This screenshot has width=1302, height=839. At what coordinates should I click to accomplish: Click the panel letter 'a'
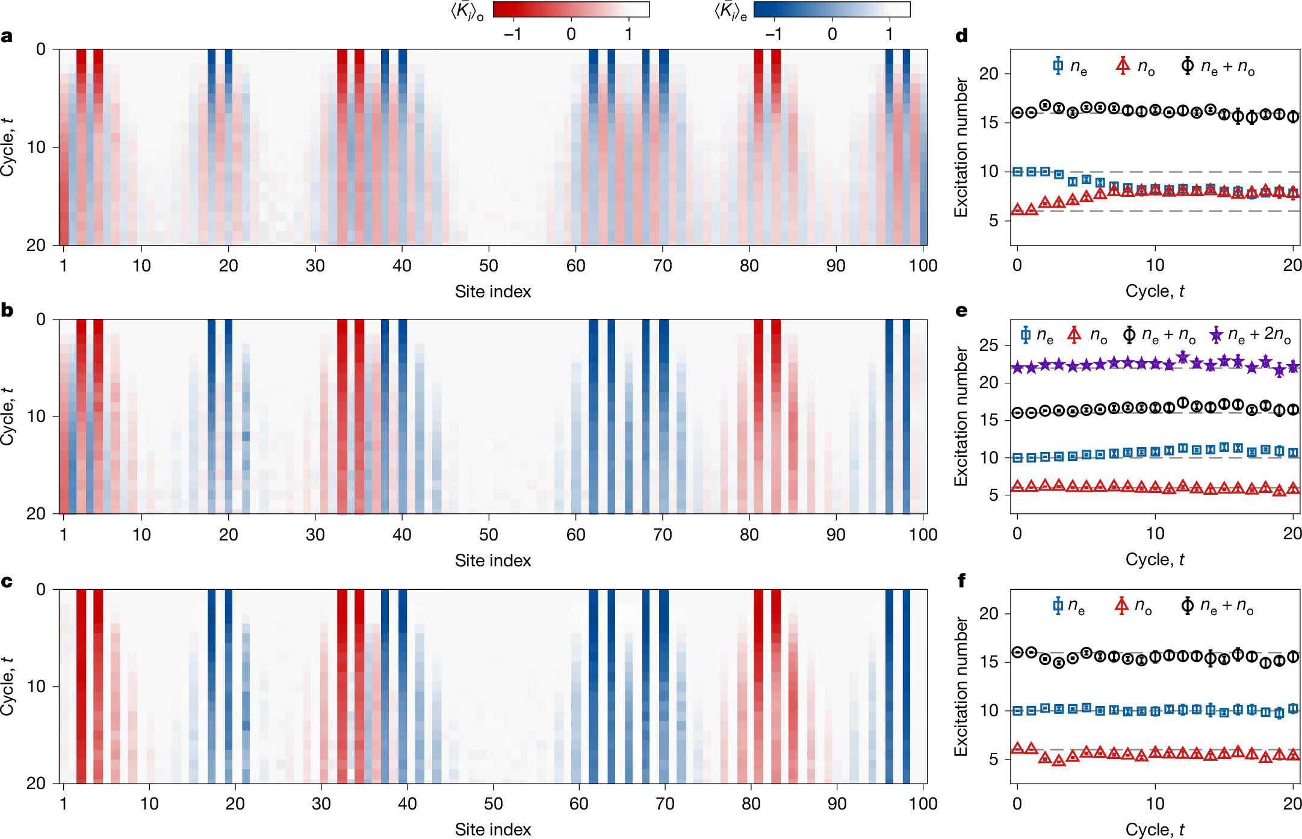(7, 37)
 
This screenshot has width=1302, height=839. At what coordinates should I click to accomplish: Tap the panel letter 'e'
(961, 311)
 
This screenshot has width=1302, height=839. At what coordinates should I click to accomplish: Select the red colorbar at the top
(571, 10)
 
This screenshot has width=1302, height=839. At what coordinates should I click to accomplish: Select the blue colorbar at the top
(831, 10)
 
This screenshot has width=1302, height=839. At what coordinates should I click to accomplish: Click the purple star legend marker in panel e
(1216, 335)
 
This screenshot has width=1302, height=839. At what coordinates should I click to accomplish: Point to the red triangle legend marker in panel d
(1123, 66)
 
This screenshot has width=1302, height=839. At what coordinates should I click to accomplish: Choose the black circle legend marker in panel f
(1187, 605)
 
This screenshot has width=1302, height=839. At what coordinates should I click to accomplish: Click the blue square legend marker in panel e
(1026, 335)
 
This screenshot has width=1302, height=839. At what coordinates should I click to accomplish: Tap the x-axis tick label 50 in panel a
(488, 265)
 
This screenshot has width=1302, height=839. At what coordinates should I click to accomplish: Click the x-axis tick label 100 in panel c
(922, 803)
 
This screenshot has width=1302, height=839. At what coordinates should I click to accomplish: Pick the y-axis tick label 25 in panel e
(988, 345)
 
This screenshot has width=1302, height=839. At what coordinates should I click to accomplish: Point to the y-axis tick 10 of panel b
(36, 416)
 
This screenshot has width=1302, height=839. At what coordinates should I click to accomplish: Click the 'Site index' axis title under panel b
(492, 560)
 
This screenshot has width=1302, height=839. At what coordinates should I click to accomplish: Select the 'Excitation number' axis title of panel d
(961, 147)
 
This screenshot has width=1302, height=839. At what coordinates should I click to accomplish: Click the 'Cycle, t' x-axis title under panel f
(1155, 829)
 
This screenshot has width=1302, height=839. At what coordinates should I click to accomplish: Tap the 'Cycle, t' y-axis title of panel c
(7, 686)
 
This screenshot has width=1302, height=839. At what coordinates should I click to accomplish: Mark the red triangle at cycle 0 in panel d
(1017, 209)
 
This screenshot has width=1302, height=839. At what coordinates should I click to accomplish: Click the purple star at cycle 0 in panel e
(1017, 367)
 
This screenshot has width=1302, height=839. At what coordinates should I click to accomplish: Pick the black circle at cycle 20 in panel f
(1292, 657)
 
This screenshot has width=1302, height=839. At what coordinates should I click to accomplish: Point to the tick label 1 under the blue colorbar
(888, 34)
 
